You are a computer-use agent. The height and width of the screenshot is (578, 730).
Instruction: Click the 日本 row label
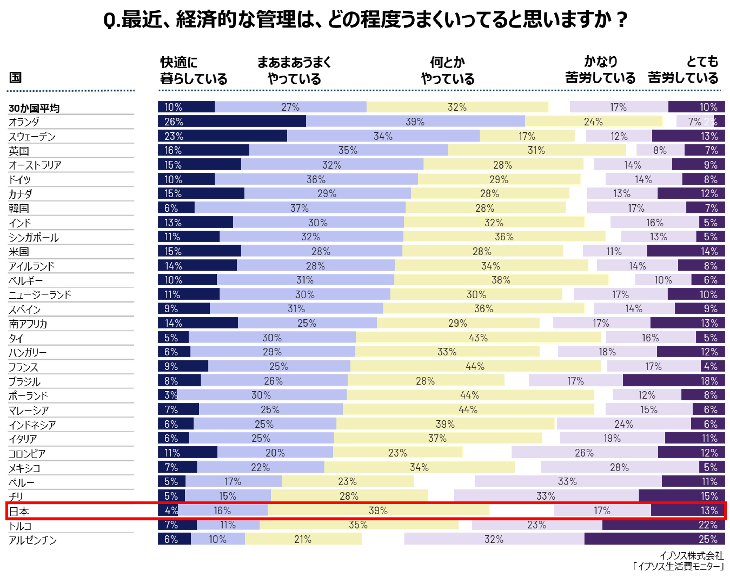pos(19,511)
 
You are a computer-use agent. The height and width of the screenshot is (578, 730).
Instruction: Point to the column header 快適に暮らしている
pos(193,70)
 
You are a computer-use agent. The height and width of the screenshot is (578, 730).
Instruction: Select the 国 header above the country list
pos(15,77)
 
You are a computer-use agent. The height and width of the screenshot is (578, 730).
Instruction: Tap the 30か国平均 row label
pos(34,108)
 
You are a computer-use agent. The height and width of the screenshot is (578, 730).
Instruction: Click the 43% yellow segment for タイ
pos(478,337)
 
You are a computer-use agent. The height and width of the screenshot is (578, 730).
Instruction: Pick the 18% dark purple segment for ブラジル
pos(674,381)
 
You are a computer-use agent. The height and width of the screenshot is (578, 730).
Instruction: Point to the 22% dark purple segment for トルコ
pos(663,525)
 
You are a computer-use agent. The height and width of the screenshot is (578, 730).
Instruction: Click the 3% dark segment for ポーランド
pos(167,395)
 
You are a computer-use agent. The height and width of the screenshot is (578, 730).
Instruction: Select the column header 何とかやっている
pos(447,70)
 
